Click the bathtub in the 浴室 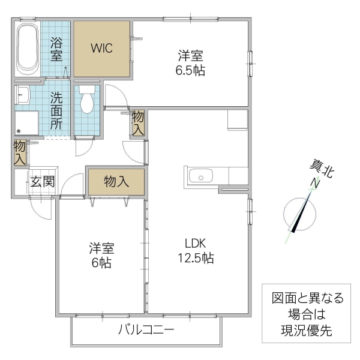coord(28,49)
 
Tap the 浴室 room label coord(56,49)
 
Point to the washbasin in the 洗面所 coord(23,95)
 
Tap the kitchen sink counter coord(200,176)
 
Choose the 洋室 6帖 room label coord(101,255)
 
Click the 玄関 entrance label coord(43,181)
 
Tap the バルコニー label coord(146,329)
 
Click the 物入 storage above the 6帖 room coord(116,182)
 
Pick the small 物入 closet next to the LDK coord(138,122)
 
